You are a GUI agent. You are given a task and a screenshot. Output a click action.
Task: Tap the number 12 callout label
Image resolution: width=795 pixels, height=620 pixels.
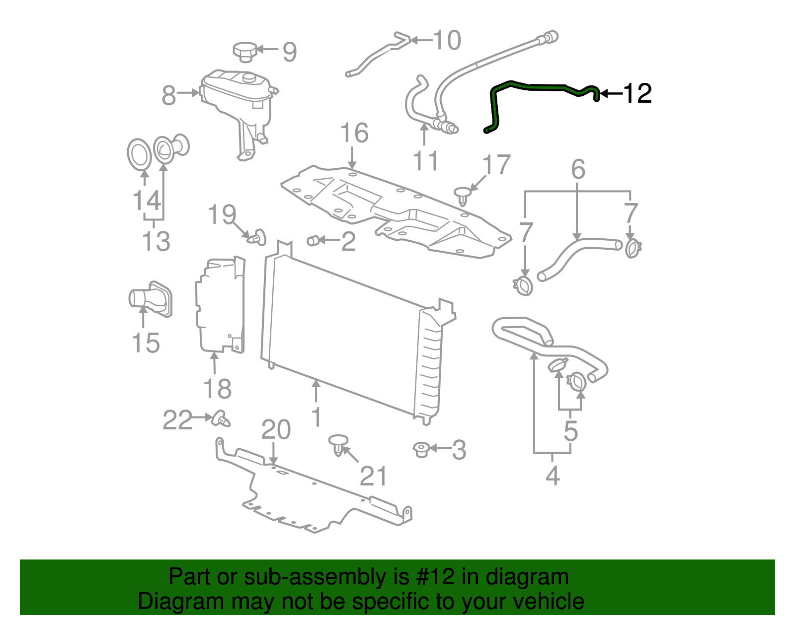point(637,93)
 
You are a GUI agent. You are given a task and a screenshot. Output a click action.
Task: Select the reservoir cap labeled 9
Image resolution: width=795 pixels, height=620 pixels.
point(244,51)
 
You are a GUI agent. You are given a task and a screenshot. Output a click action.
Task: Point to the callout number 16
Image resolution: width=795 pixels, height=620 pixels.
point(354,133)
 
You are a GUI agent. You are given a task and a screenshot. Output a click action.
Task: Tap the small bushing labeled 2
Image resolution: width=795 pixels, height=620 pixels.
point(313,241)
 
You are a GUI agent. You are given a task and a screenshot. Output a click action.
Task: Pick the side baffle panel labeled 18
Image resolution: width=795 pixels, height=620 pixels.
point(220,305)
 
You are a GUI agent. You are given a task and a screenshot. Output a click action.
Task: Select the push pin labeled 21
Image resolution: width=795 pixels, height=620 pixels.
point(338,444)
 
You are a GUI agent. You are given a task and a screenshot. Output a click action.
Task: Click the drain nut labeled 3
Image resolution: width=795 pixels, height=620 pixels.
point(421,449)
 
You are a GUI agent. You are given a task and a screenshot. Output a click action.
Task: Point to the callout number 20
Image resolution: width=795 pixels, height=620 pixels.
point(276,430)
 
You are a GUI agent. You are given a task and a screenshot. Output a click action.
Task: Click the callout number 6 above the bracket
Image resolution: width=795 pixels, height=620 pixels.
point(578,170)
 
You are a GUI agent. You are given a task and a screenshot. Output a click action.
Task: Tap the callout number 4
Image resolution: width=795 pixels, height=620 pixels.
point(553,476)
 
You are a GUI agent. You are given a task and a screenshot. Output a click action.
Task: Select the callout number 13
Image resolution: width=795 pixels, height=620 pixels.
point(156,241)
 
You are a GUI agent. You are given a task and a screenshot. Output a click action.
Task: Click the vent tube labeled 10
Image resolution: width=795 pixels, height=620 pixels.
point(378,55)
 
